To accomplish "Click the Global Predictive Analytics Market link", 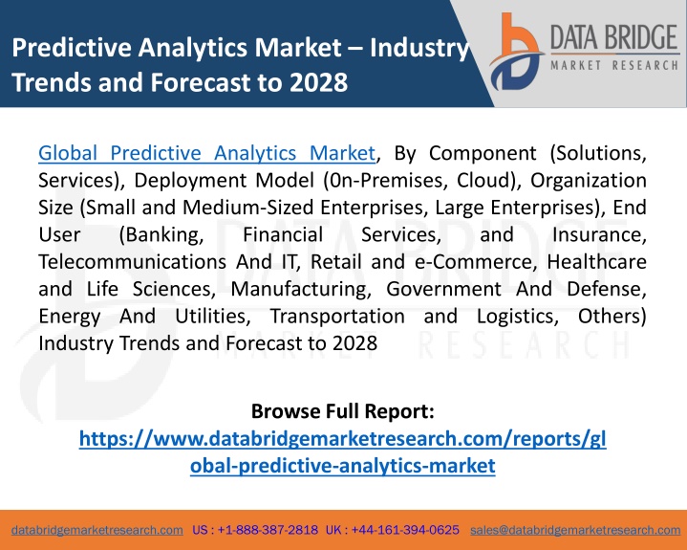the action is (x=206, y=153).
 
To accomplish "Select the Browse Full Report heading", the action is (x=343, y=411).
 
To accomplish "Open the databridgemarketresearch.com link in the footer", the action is (x=97, y=530).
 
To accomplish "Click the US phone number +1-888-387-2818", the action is (x=268, y=530).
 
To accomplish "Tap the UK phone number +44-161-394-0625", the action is (x=405, y=530).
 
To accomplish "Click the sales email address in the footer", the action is (x=575, y=530).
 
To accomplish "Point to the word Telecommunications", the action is (x=132, y=262).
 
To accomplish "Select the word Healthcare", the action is (x=596, y=262).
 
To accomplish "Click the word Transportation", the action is (x=337, y=317).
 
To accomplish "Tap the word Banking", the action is (x=161, y=234).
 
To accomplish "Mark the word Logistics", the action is (x=518, y=317).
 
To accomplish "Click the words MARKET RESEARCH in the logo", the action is (x=614, y=66).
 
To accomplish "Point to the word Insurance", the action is (x=599, y=234).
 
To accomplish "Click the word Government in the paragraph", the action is (x=443, y=289).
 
